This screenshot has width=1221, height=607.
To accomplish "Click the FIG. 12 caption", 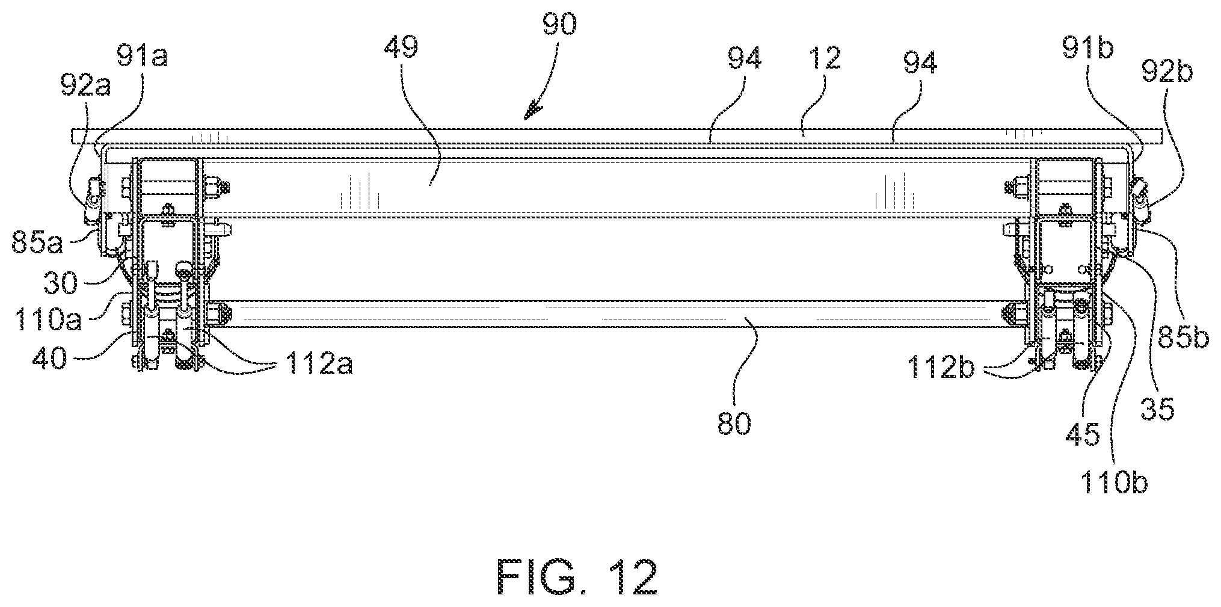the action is tap(577, 578).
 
